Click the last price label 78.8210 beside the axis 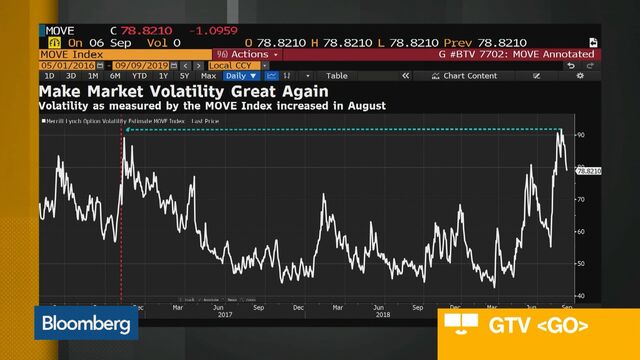588,171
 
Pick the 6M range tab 116,76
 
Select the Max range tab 209,76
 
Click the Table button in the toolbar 337,76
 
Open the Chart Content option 469,76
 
